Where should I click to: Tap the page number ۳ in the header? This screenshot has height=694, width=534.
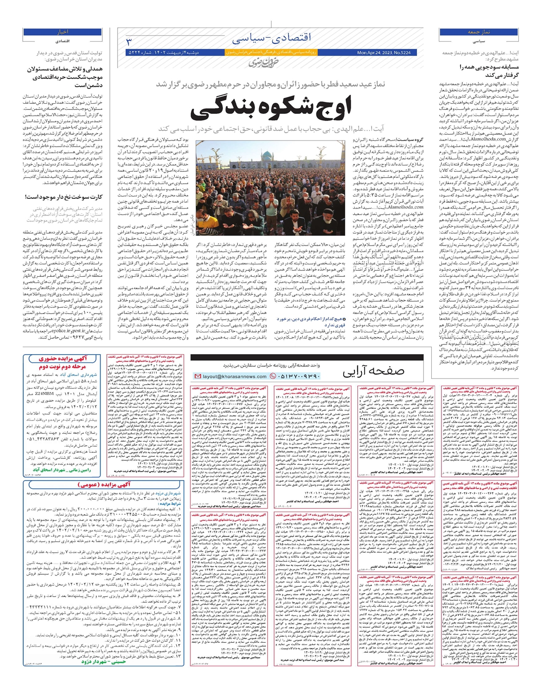tap(129, 42)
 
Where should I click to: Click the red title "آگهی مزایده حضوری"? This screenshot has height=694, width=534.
tap(63, 359)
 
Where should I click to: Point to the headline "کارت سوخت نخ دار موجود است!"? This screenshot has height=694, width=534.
tap(64, 197)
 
